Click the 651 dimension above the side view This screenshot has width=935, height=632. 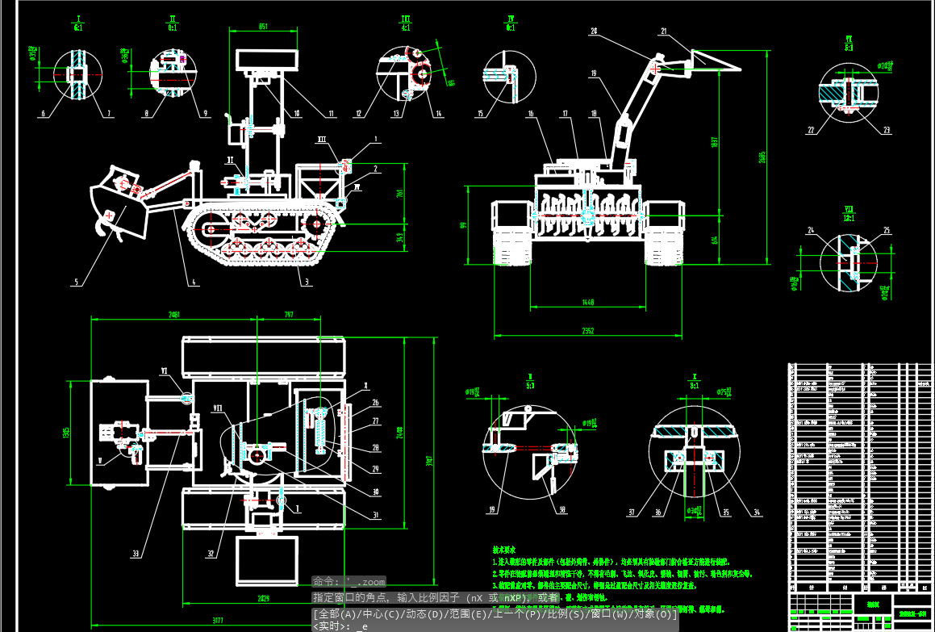[x=263, y=27]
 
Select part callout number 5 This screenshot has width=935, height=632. [x=76, y=283]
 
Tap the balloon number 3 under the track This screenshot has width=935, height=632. [x=306, y=282]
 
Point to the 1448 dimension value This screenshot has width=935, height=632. [x=586, y=302]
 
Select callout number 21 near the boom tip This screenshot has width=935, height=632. [x=664, y=32]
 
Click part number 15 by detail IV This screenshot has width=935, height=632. [x=481, y=114]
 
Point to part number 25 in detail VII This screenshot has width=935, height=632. [x=887, y=232]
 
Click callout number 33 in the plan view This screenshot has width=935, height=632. [x=135, y=554]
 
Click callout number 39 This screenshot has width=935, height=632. [x=491, y=509]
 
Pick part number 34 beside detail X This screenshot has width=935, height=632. [x=756, y=512]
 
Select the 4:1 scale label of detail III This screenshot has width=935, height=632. [x=406, y=27]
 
